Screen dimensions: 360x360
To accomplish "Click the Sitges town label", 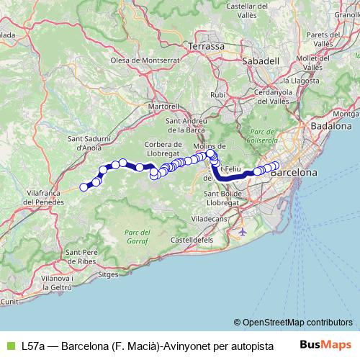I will point(107,274).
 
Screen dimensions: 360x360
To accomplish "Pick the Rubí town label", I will point(217,94).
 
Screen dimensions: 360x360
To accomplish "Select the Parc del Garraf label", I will point(137,236).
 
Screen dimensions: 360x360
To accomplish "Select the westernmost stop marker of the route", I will point(84,187).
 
